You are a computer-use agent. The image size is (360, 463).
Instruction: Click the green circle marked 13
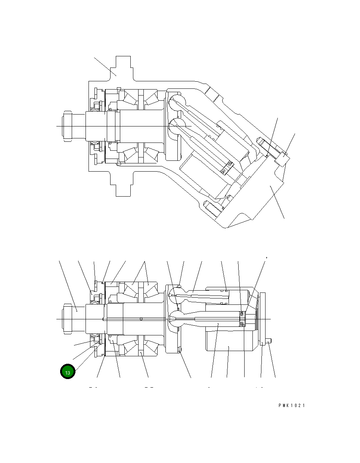coord(68,372)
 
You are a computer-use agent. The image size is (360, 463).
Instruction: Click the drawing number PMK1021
coord(291,406)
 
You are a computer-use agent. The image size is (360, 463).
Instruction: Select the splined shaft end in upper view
coord(68,126)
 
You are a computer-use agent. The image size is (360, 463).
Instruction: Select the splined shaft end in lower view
coord(67,319)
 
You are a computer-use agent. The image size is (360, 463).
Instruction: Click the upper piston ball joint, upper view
coord(176,102)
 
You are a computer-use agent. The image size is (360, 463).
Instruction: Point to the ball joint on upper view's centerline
coord(176,126)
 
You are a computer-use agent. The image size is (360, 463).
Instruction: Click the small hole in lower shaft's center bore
coord(141,319)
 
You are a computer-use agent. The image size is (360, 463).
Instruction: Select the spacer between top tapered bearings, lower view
coord(141,289)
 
